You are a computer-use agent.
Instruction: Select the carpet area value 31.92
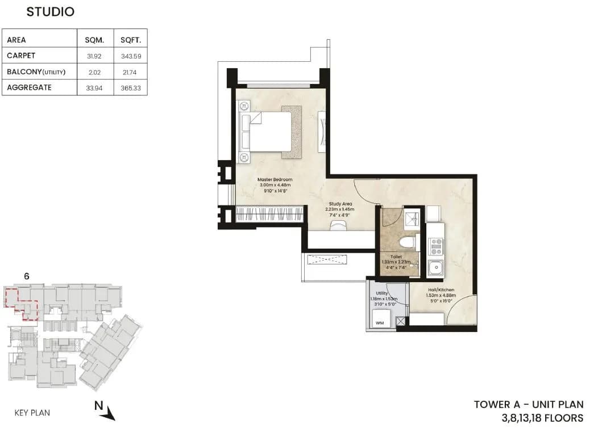coord(93,56)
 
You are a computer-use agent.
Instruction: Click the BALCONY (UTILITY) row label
coord(36,72)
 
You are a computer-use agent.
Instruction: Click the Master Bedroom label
coord(275,180)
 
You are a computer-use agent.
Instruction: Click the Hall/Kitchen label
coord(442,289)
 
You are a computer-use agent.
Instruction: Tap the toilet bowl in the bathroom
coord(407,242)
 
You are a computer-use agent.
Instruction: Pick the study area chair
coord(339,226)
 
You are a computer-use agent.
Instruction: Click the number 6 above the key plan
coord(27,276)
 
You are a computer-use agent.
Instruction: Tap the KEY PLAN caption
coord(32,413)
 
